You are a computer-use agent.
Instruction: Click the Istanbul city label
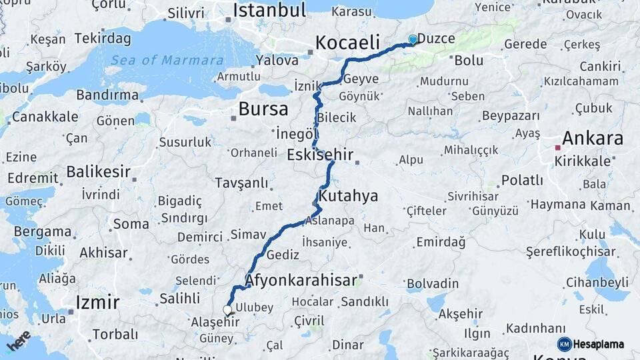pyautogui.click(x=269, y=11)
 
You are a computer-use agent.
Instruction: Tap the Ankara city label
pyautogui.click(x=592, y=139)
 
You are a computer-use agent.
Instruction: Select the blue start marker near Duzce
pyautogui.click(x=413, y=40)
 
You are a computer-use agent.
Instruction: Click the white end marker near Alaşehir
pyautogui.click(x=227, y=310)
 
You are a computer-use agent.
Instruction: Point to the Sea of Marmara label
pyautogui.click(x=167, y=61)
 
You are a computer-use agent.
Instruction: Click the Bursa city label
pyautogui.click(x=263, y=109)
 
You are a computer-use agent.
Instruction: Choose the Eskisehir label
pyautogui.click(x=320, y=155)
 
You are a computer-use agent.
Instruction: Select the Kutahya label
pyautogui.click(x=348, y=196)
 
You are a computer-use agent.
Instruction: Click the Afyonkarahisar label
pyautogui.click(x=301, y=280)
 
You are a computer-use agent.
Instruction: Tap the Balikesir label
pyautogui.click(x=99, y=172)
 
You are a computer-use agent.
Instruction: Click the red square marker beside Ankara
pyautogui.click(x=557, y=148)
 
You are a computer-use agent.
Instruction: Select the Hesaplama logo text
pyautogui.click(x=599, y=345)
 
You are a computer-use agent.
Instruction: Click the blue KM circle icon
pyautogui.click(x=564, y=345)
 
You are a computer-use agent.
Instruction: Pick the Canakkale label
pyautogui.click(x=45, y=117)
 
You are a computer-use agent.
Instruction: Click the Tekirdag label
pyautogui.click(x=103, y=38)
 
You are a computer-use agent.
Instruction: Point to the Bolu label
pyautogui.click(x=469, y=61)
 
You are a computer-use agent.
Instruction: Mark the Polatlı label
pyautogui.click(x=522, y=180)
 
